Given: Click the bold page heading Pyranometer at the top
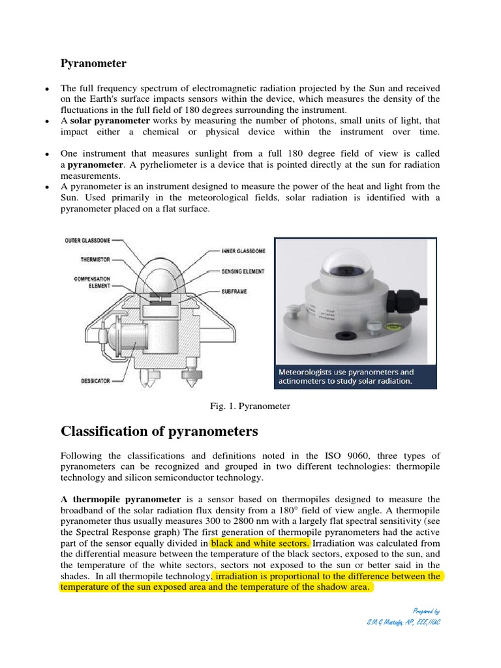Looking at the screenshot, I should click(x=93, y=63).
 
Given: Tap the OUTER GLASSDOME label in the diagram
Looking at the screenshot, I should click(x=87, y=240).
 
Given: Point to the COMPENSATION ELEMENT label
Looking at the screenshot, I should click(x=92, y=282).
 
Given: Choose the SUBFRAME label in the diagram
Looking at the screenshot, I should click(x=234, y=292).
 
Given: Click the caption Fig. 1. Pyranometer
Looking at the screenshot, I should click(x=249, y=406).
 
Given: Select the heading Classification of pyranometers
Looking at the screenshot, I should click(x=159, y=431).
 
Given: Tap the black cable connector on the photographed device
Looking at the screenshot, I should click(x=399, y=301).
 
